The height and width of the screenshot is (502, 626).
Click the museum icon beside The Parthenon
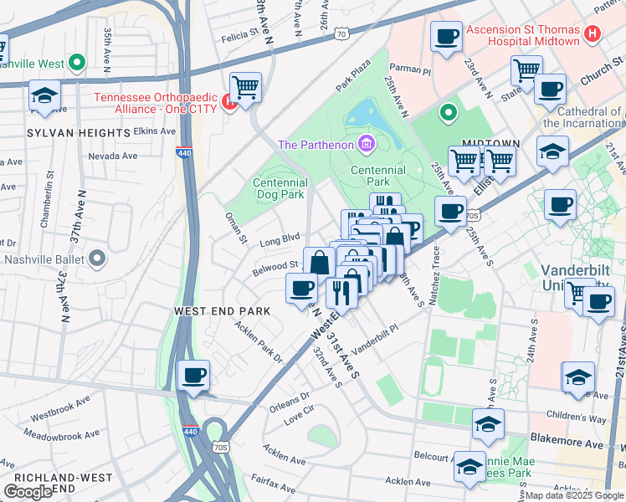point(365,145)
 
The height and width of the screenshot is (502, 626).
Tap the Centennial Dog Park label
point(280,188)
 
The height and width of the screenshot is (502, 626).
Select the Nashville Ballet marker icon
point(97,259)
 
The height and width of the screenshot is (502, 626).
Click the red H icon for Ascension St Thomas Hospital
point(593,35)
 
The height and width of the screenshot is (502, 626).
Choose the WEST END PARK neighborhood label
point(222,310)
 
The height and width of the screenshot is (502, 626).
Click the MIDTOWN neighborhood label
point(485,144)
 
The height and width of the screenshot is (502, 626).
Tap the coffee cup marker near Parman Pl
point(446,38)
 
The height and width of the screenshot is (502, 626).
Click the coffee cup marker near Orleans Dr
point(194,375)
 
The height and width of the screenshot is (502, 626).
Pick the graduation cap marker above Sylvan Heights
point(44,96)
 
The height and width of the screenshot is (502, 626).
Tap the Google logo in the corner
point(28,492)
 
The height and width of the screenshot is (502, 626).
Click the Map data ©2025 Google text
point(574,495)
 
